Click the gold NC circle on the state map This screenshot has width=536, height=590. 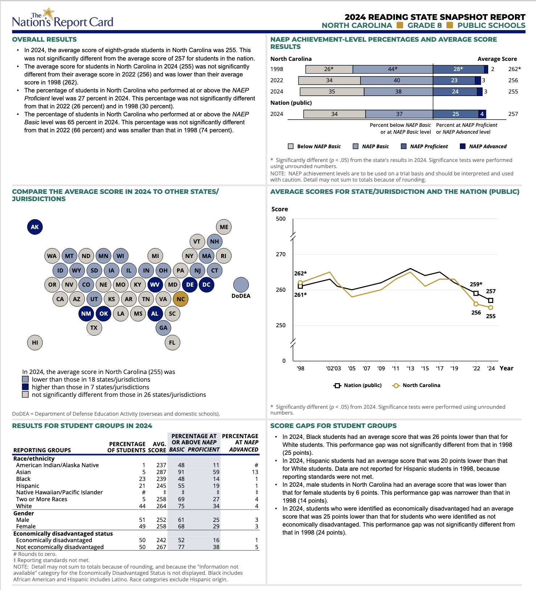click(181, 299)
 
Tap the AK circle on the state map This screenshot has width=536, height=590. click(35, 227)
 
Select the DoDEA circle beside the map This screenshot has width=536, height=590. click(241, 285)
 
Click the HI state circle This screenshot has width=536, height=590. click(35, 342)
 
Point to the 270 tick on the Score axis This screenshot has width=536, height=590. click(281, 254)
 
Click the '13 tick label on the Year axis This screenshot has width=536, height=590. click(410, 369)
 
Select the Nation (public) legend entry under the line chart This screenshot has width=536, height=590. click(358, 385)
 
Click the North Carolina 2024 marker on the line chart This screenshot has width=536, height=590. click(491, 308)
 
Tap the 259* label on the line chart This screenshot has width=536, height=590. click(476, 284)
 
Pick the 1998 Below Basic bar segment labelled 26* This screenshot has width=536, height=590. click(329, 69)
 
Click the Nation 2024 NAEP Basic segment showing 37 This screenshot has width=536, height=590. click(399, 114)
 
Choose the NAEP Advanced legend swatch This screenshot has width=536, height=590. click(462, 146)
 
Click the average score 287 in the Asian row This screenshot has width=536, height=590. click(161, 472)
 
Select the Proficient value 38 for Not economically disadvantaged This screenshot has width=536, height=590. click(216, 547)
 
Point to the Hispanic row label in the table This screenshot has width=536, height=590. click(28, 486)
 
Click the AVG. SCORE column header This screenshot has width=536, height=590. click(157, 447)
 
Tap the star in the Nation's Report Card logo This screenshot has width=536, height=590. click(48, 13)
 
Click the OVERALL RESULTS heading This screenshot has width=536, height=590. click(44, 40)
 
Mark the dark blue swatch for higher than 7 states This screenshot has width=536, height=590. click(25, 387)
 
